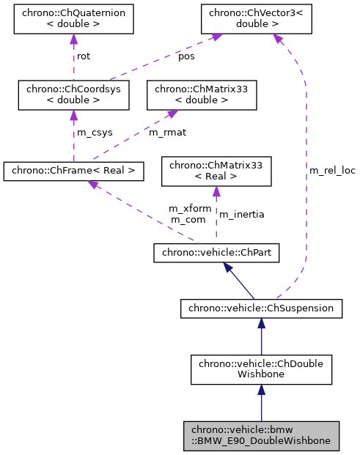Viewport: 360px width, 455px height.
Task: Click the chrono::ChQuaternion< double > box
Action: (73, 18)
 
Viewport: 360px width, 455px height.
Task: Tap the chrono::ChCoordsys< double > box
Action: (73, 95)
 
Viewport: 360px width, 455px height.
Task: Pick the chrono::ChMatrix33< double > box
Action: (202, 95)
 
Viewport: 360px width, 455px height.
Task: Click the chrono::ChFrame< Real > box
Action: (73, 171)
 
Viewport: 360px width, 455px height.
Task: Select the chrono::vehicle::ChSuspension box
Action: (261, 308)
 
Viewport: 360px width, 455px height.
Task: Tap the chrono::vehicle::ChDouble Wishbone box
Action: (261, 369)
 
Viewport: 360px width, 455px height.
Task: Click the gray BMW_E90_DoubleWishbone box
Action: (261, 435)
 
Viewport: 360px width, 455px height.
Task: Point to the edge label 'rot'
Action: (84, 56)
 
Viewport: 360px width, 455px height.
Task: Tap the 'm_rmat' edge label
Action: (166, 133)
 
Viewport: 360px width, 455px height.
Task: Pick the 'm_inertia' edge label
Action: (242, 214)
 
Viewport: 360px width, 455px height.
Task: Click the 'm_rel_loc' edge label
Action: (331, 171)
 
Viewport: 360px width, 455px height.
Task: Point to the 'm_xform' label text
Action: (190, 209)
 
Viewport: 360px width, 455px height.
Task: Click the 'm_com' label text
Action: (187, 219)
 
